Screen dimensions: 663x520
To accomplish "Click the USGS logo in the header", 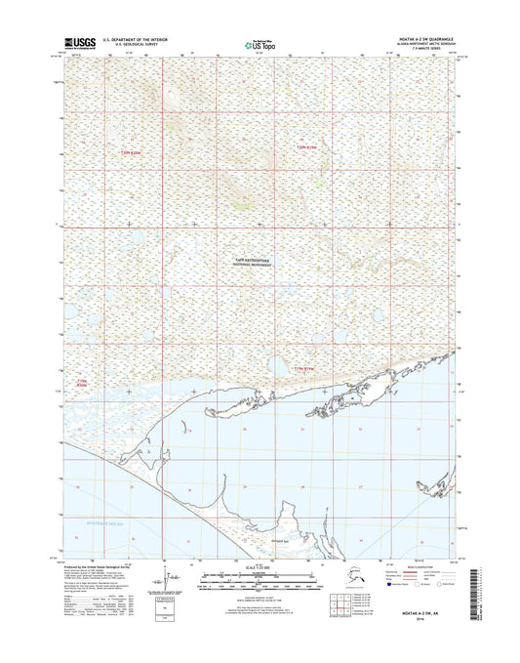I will [x=80, y=43].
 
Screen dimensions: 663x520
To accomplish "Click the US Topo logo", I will [x=260, y=43].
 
